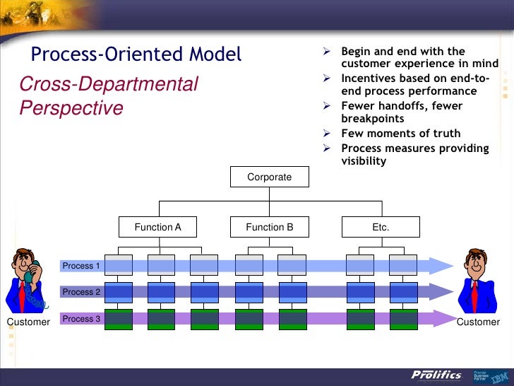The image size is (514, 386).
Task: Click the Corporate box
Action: pyautogui.click(x=269, y=177)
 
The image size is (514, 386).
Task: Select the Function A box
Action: pyautogui.click(x=158, y=227)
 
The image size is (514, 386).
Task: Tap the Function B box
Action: pyautogui.click(x=269, y=227)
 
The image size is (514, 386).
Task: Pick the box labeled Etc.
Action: pyautogui.click(x=381, y=227)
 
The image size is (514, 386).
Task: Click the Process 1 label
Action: pyautogui.click(x=82, y=266)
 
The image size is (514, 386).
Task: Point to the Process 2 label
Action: pyautogui.click(x=82, y=292)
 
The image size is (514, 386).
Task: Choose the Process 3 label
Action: pyautogui.click(x=82, y=319)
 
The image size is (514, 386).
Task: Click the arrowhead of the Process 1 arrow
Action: pyautogui.click(x=441, y=266)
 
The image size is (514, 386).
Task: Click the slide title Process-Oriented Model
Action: pyautogui.click(x=136, y=54)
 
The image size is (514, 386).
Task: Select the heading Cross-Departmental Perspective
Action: pyautogui.click(x=109, y=96)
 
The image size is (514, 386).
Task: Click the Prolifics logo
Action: pyautogui.click(x=436, y=375)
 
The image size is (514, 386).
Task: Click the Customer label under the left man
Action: pyautogui.click(x=28, y=322)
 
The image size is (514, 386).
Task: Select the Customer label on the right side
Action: pyautogui.click(x=478, y=322)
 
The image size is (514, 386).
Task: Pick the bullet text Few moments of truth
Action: pyautogui.click(x=400, y=134)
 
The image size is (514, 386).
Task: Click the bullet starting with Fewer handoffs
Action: pyautogui.click(x=402, y=112)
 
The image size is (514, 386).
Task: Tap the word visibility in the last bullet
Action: pyautogui.click(x=364, y=161)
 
